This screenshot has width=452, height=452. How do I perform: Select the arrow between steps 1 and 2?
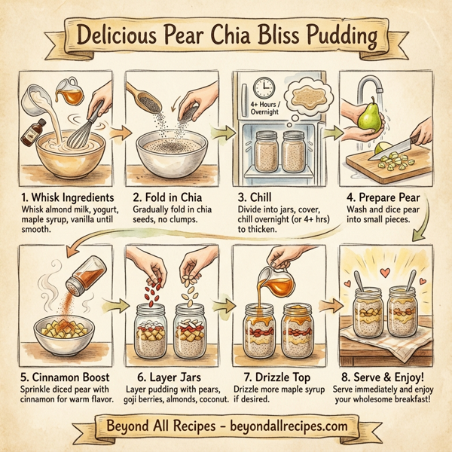click(114, 133)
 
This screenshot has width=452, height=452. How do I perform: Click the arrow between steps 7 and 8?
click(329, 305)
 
